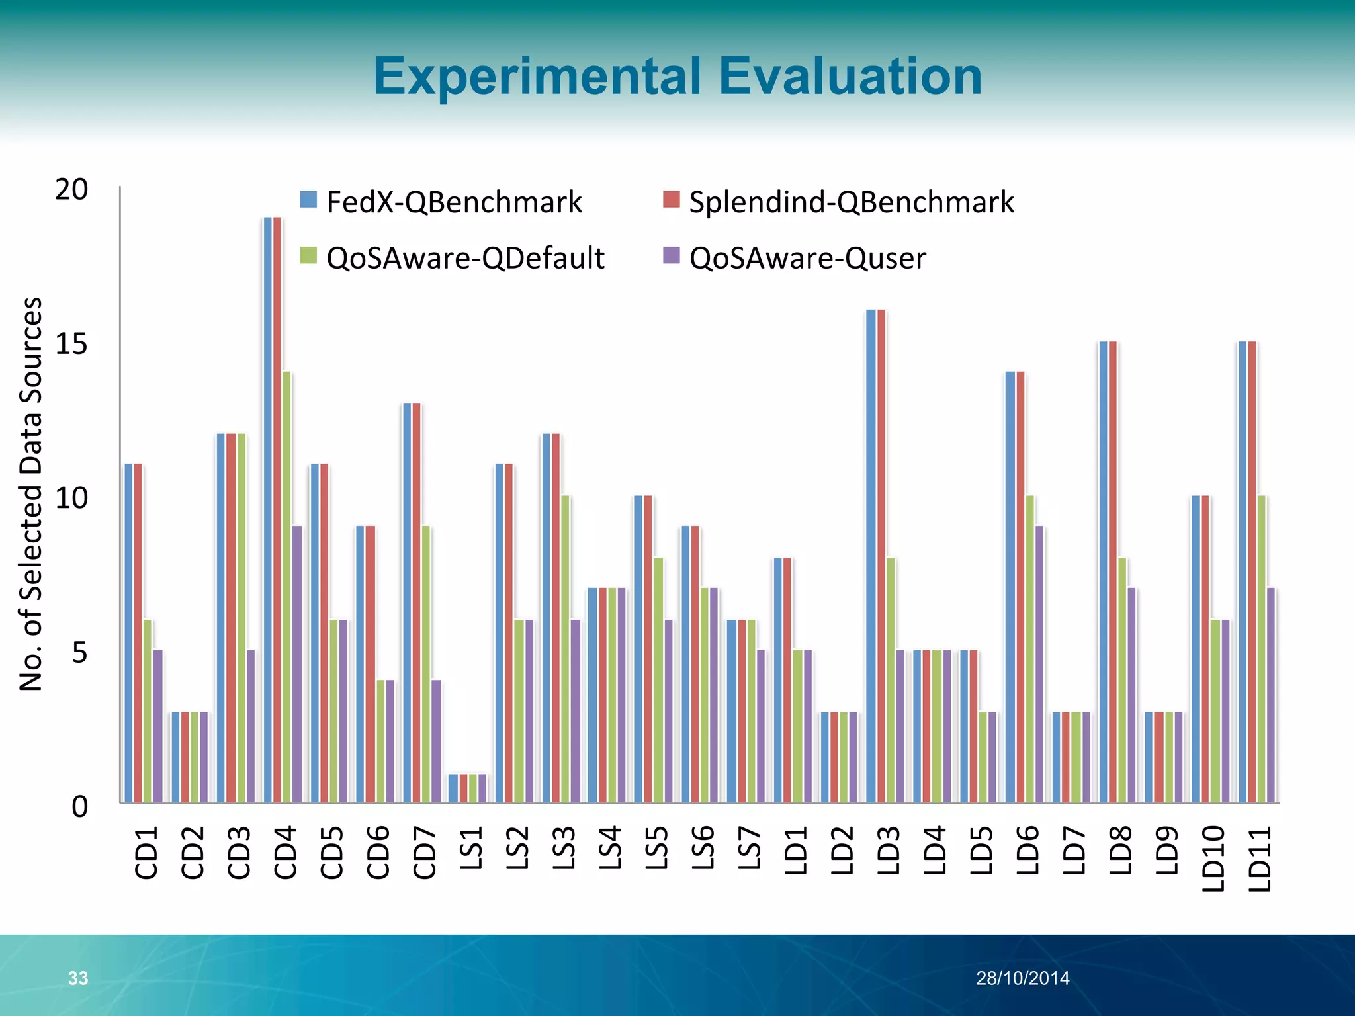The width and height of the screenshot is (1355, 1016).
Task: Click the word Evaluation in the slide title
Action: pos(850,77)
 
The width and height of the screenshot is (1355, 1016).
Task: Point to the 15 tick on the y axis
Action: pos(71,344)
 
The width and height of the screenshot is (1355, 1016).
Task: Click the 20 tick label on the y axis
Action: pos(71,190)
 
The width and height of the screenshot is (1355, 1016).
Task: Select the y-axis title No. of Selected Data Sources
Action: pos(31,494)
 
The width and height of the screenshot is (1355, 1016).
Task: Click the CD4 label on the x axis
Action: pos(285,853)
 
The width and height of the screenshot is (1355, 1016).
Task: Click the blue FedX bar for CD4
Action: pos(268,509)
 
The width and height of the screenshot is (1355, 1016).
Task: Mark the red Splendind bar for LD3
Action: pos(881,556)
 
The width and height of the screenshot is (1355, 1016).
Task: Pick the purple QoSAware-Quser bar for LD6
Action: pos(1039,664)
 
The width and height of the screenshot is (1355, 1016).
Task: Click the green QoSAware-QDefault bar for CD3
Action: pos(241,618)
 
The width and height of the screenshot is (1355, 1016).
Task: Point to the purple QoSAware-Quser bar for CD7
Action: pos(436,741)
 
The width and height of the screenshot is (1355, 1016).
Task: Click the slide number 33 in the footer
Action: pos(78,978)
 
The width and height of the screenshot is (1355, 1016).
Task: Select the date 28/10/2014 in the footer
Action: pos(1022,978)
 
